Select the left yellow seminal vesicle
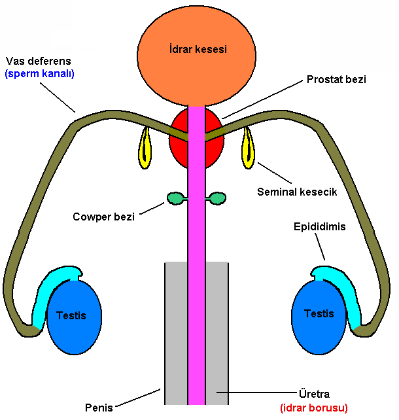tap(145, 149)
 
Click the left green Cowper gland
tap(175, 197)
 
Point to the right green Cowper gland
tap(218, 197)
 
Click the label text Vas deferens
tap(38, 61)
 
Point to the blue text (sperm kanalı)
tap(39, 74)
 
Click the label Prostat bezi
tap(336, 80)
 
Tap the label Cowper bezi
tap(103, 217)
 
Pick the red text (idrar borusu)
tap(313, 408)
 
